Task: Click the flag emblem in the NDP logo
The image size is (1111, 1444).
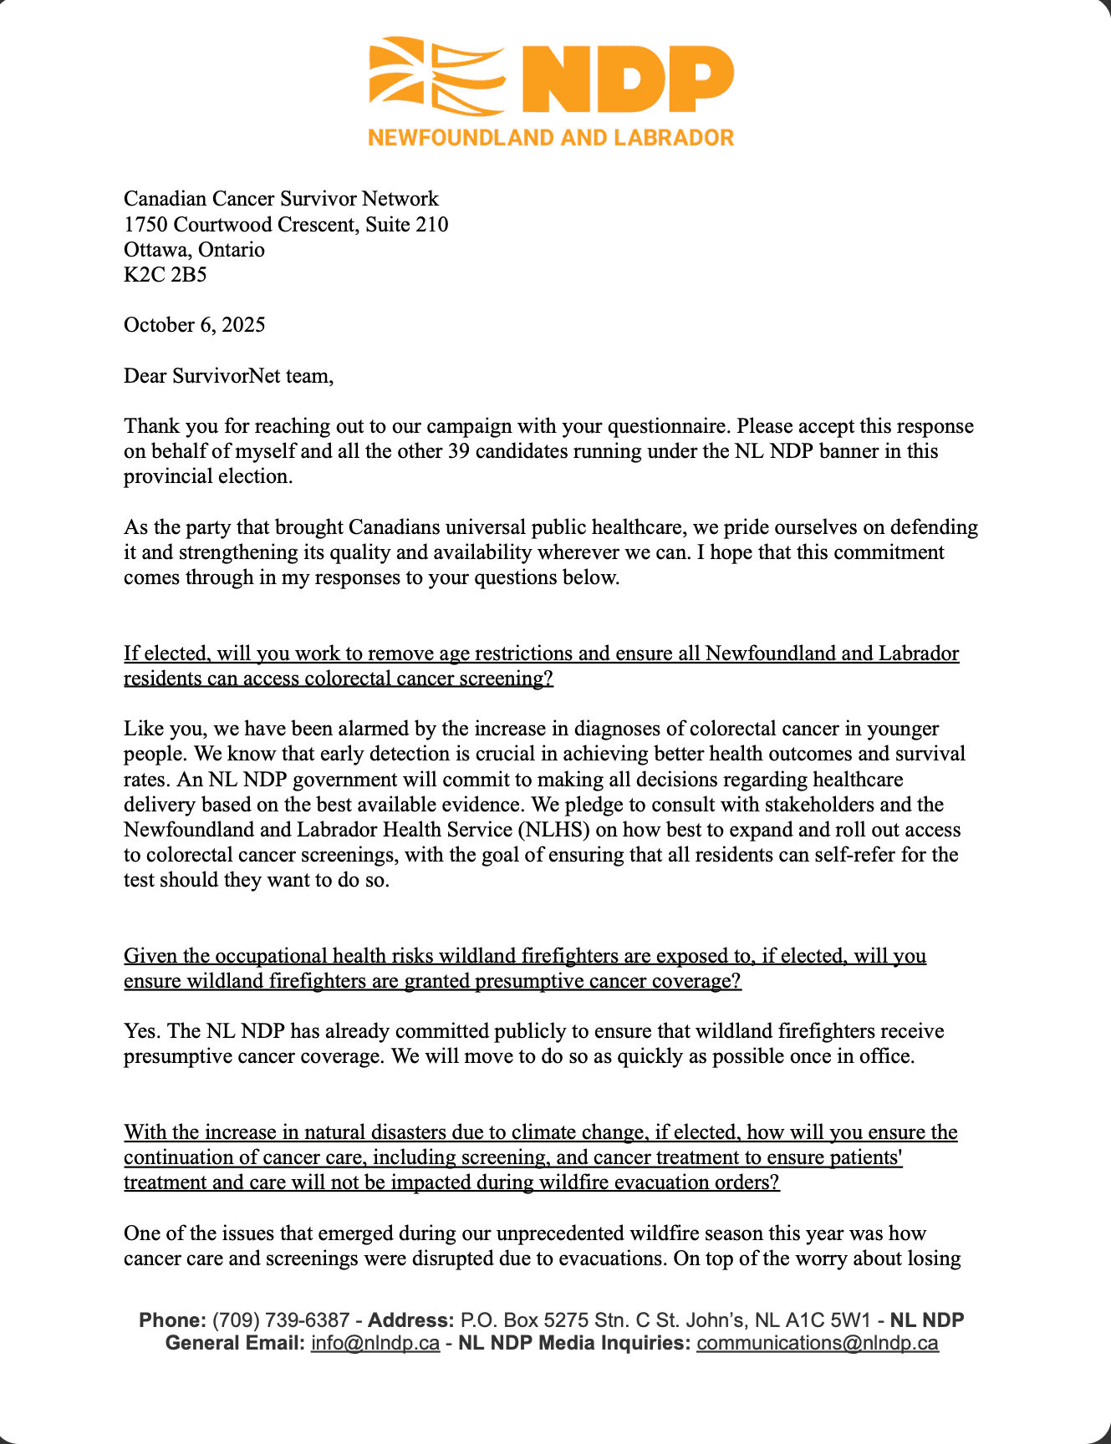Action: click(x=436, y=76)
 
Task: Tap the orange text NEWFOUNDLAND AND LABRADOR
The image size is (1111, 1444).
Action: click(x=551, y=138)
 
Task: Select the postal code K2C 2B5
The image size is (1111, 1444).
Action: click(x=165, y=275)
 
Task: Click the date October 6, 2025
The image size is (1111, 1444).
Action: click(x=194, y=325)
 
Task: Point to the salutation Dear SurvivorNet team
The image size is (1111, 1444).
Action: click(x=228, y=376)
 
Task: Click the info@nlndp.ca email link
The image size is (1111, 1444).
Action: click(x=375, y=1344)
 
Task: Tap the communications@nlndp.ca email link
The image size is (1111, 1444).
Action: click(x=817, y=1344)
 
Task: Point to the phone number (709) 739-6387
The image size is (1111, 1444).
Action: click(x=281, y=1321)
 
